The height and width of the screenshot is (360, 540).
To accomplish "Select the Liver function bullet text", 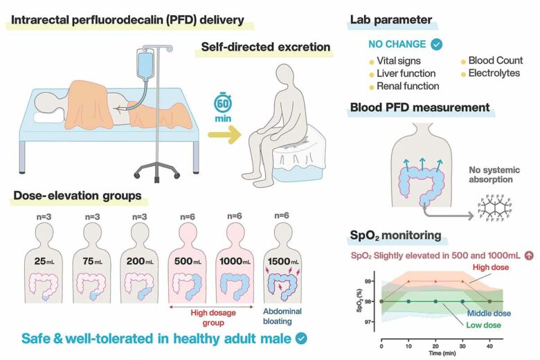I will point(406,73).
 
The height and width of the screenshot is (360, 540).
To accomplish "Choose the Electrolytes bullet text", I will point(494,73).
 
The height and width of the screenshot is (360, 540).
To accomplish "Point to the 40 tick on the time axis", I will point(490,344).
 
